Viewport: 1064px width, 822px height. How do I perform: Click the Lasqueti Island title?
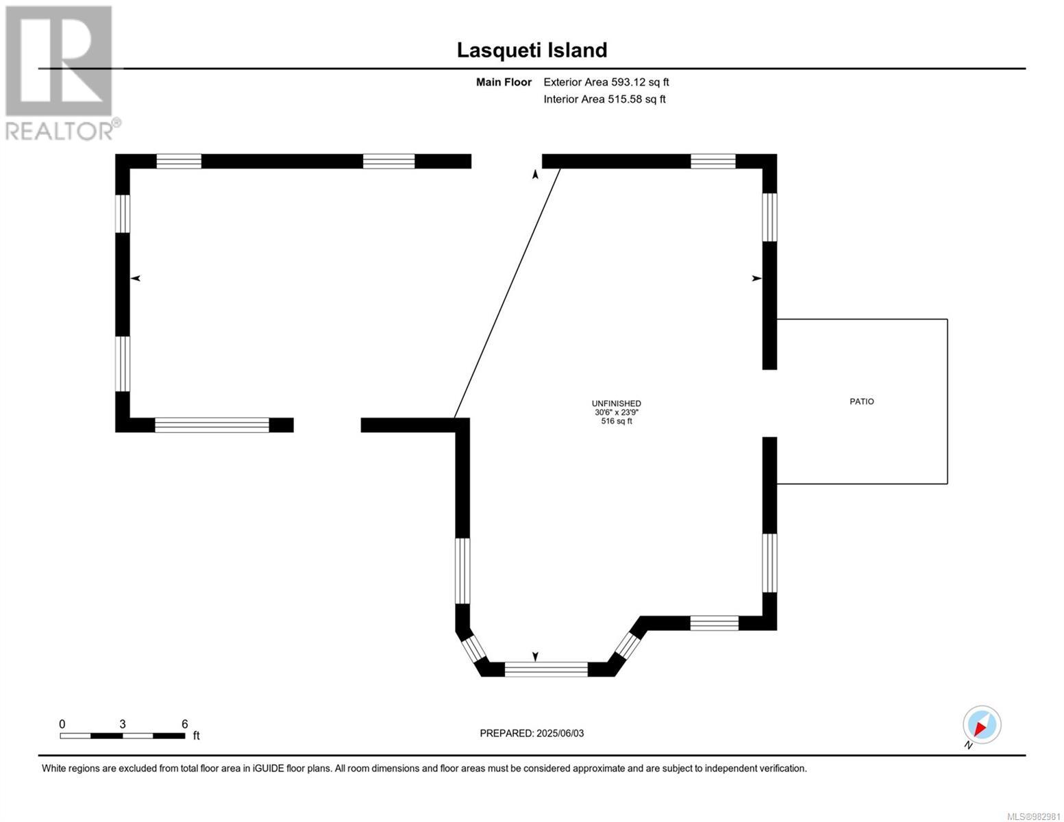click(x=532, y=50)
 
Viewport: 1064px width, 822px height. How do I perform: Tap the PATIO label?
click(x=861, y=401)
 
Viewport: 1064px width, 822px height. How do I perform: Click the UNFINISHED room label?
click(x=617, y=403)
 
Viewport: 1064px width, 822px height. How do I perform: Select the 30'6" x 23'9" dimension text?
click(x=617, y=412)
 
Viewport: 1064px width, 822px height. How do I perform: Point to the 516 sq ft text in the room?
click(x=617, y=421)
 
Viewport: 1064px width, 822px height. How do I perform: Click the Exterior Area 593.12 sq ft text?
click(x=606, y=82)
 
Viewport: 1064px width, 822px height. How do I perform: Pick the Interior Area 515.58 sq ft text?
click(x=605, y=99)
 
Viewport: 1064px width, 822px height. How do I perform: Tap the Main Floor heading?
click(x=504, y=82)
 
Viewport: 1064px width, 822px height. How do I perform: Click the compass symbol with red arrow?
click(x=982, y=725)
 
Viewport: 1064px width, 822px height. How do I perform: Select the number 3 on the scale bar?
click(x=123, y=724)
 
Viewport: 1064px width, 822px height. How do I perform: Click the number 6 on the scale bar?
click(x=184, y=724)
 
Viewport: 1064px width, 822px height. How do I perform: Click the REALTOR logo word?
click(x=60, y=132)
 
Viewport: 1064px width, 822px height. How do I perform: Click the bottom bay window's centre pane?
click(x=546, y=669)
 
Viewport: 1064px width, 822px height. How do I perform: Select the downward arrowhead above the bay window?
click(x=535, y=656)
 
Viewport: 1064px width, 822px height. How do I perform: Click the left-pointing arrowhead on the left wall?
click(x=136, y=279)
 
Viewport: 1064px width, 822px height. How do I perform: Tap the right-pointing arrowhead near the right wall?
click(x=757, y=279)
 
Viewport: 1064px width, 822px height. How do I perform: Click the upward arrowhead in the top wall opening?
click(x=535, y=174)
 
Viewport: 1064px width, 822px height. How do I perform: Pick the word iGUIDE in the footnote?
click(x=269, y=769)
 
